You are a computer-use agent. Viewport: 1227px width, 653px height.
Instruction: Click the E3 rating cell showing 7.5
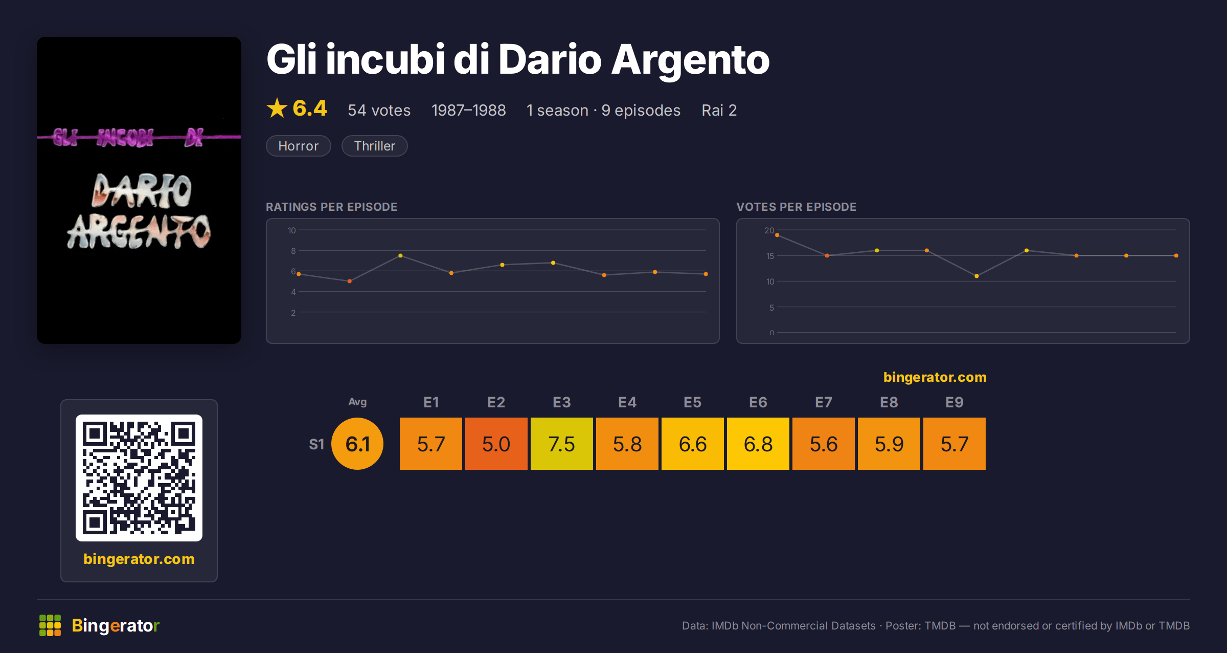[x=561, y=444]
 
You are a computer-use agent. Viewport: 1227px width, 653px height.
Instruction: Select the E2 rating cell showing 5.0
[x=496, y=444]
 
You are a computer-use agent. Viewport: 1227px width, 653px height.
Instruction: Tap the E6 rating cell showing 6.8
[x=758, y=444]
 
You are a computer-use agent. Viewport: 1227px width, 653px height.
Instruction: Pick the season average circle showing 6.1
[x=357, y=444]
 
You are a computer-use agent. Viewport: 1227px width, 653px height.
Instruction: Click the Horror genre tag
[x=299, y=146]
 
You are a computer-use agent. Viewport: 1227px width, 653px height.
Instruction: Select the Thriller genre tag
[x=375, y=146]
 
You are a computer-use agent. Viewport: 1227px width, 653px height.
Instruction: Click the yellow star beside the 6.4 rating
[x=277, y=108]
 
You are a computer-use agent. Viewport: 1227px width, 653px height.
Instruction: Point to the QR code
[x=139, y=478]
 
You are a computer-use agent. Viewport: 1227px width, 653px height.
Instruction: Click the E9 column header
[x=955, y=402]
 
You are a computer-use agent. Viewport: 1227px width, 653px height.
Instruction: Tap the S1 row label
[x=316, y=444]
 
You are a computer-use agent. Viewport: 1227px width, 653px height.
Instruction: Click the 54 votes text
[x=379, y=110]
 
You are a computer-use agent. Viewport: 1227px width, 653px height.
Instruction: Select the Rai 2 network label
[x=719, y=110]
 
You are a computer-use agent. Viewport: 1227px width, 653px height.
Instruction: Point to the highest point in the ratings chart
[x=400, y=255]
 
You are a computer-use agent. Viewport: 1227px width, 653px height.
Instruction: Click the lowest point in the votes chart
[x=976, y=276]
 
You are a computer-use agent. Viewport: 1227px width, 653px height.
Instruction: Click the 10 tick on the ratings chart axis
[x=292, y=230]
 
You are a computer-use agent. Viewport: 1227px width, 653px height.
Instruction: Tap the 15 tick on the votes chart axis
[x=770, y=256]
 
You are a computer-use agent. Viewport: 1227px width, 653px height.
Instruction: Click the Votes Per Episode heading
[x=796, y=207]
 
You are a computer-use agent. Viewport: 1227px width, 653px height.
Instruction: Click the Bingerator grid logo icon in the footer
[x=50, y=625]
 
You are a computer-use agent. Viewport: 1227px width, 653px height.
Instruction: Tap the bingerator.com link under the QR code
[x=139, y=559]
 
